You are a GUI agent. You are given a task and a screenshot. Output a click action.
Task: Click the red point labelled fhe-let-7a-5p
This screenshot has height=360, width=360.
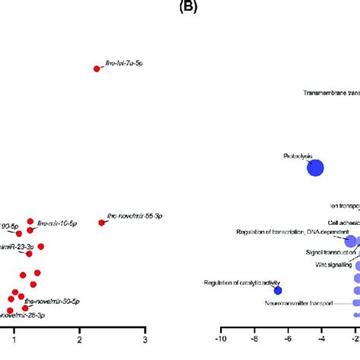tap(96, 69)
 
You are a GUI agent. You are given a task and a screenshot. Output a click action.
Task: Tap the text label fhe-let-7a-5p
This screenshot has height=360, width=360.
tap(122, 65)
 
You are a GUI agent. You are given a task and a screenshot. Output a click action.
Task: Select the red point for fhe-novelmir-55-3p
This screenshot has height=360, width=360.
tap(102, 223)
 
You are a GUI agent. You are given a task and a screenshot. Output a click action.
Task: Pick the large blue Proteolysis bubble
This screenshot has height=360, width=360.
tap(315, 168)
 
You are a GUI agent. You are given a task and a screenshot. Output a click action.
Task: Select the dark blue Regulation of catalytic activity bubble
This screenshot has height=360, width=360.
tap(278, 269)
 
